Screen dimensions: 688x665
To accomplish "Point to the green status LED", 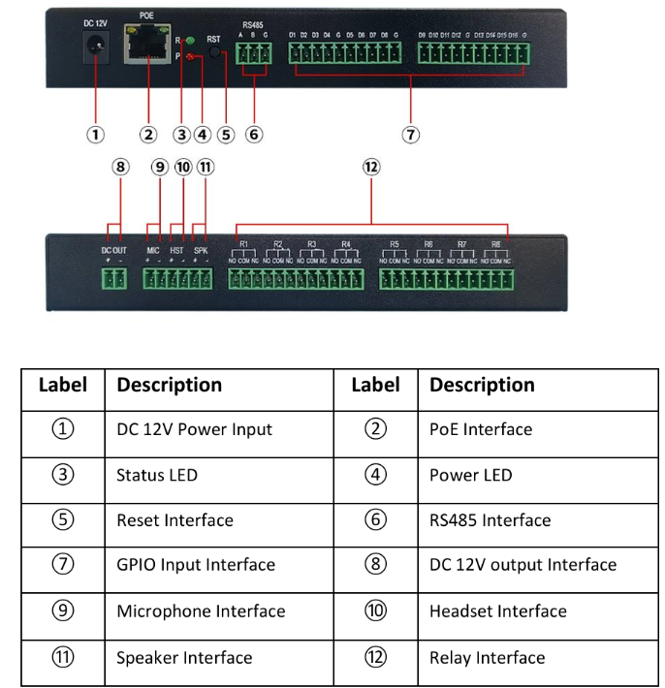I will tap(191, 41).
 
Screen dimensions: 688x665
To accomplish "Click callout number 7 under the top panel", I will tap(411, 135).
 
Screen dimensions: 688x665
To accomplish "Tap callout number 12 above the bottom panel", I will tap(371, 167).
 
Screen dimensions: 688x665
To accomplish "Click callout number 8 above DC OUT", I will tap(119, 167).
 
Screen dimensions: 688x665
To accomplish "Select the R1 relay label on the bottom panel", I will tap(244, 244).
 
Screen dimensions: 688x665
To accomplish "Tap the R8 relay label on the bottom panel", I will tap(495, 244).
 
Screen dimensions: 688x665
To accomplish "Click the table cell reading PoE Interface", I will tap(481, 429).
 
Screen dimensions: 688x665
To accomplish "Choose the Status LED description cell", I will tap(157, 475).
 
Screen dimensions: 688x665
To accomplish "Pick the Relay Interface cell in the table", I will tap(487, 658).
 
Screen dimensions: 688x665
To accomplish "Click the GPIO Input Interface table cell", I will tap(196, 565).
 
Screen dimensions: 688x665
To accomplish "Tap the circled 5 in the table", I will tap(63, 520).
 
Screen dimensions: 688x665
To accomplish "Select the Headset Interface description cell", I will tap(498, 611).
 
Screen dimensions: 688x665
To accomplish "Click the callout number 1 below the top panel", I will tap(96, 135).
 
